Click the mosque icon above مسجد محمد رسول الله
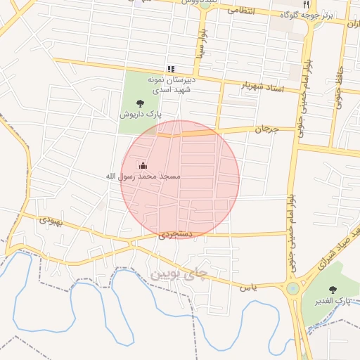143,166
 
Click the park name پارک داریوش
140,113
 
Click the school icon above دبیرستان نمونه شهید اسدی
170,69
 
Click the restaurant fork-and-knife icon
305,4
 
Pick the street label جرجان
266,129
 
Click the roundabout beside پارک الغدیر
292,288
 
